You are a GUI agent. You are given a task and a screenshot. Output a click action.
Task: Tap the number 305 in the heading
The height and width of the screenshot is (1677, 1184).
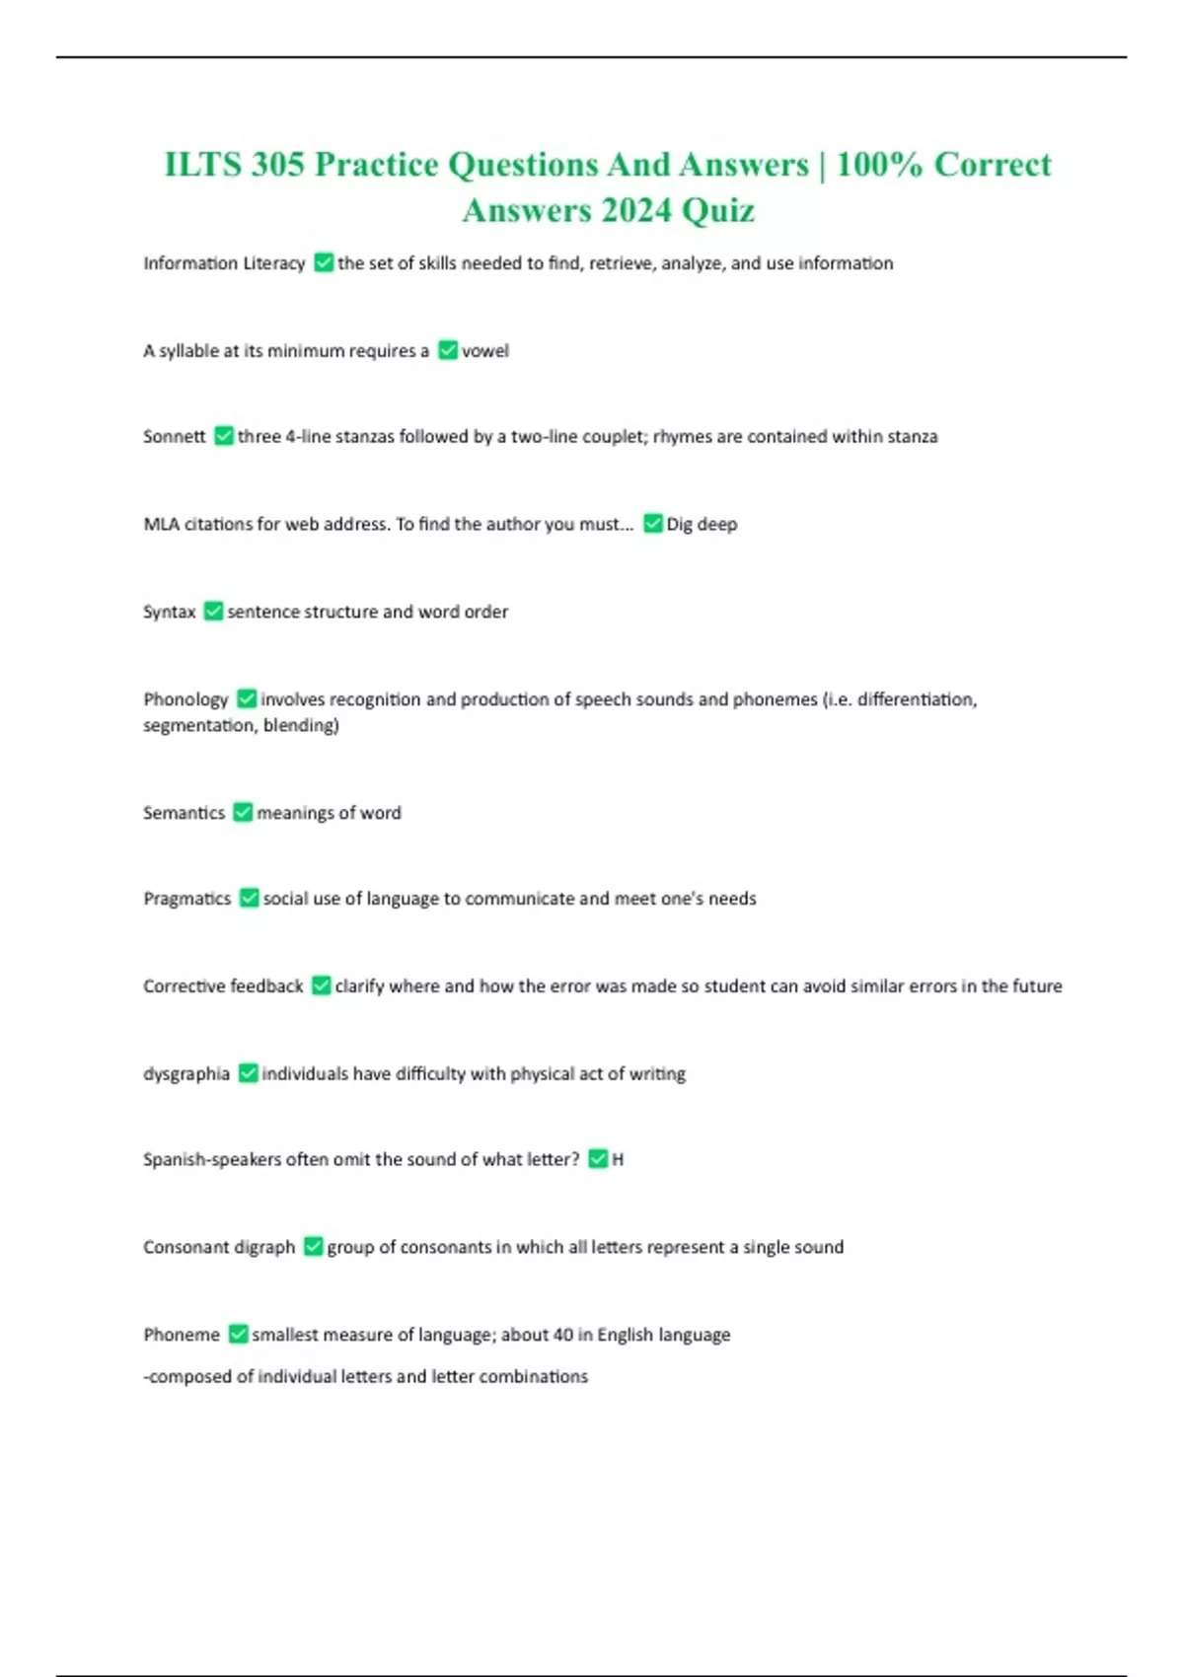point(277,164)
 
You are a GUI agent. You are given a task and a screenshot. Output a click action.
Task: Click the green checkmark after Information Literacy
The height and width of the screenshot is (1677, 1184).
point(324,262)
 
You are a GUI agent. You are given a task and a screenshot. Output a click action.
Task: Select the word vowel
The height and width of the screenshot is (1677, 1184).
point(485,350)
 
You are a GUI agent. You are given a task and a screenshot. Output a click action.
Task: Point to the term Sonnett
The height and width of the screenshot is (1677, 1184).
point(175,436)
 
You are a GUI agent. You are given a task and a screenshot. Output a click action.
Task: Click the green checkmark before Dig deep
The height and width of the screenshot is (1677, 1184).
point(652,523)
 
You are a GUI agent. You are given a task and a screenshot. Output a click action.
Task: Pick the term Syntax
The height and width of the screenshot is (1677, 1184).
point(170,612)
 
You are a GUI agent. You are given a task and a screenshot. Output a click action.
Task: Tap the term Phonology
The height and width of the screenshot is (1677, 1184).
point(185,699)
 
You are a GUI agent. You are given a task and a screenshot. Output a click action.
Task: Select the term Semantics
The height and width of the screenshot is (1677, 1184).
point(184,813)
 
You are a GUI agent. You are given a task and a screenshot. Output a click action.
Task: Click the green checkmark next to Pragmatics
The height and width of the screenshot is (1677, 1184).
point(249,898)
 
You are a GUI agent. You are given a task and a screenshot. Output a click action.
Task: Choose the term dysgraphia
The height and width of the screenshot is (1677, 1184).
point(186,1073)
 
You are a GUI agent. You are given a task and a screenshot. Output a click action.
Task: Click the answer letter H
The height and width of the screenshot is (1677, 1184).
point(618,1159)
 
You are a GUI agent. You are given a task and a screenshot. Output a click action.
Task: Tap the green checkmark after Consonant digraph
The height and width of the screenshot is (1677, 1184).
point(313,1246)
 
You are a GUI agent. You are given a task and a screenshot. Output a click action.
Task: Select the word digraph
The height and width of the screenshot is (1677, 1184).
point(264,1247)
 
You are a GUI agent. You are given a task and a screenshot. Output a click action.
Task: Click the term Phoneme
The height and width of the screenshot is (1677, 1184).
point(182,1334)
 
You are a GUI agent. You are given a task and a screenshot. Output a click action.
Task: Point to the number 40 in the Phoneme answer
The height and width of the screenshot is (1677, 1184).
point(562,1334)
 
